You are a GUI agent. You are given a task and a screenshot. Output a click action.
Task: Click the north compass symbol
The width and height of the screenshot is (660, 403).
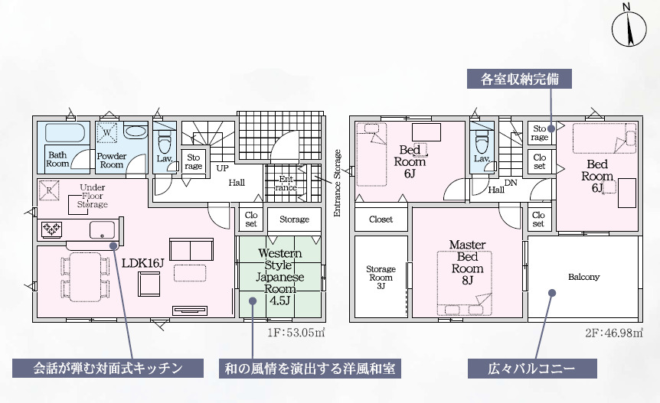click(x=628, y=30)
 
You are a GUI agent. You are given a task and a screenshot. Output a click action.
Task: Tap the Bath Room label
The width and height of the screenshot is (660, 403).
click(x=58, y=159)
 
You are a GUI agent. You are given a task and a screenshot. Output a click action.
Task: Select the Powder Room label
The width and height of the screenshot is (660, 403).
click(x=111, y=159)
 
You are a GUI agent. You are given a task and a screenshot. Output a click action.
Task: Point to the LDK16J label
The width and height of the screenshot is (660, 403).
click(x=143, y=263)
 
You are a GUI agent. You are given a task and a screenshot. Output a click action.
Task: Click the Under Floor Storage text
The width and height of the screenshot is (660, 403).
click(x=93, y=196)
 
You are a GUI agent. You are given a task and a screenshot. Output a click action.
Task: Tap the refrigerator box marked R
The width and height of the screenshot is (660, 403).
click(x=48, y=190)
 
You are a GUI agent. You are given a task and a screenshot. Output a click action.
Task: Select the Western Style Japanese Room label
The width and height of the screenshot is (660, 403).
click(x=279, y=276)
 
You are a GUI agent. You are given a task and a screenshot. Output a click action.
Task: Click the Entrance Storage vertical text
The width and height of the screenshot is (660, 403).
click(x=337, y=184)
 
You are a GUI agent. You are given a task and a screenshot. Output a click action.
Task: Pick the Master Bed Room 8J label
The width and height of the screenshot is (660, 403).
click(x=467, y=262)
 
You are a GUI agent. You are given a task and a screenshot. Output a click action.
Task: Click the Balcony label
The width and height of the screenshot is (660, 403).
click(x=583, y=277)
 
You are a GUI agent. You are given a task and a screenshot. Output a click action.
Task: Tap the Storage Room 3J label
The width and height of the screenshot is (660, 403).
click(x=381, y=277)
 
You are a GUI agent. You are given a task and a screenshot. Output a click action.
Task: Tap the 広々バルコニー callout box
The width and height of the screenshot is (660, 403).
click(x=532, y=369)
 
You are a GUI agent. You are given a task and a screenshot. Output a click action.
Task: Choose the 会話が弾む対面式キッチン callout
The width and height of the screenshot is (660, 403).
click(x=108, y=369)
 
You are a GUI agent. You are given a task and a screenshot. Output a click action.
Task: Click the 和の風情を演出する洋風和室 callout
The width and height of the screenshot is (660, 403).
click(x=310, y=369)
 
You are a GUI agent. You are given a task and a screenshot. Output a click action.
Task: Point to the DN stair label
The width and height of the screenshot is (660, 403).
click(x=511, y=184)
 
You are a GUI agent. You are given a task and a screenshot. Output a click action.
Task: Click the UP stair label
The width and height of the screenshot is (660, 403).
click(x=222, y=167)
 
